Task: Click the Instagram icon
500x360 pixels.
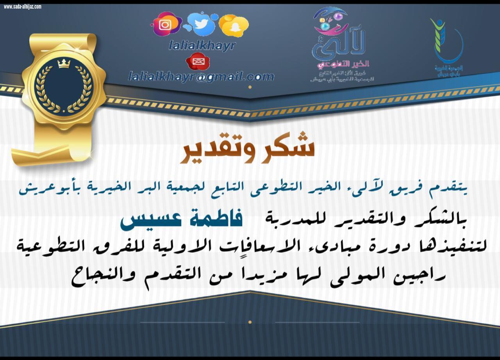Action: [165, 25]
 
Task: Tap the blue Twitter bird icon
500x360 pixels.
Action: [202, 24]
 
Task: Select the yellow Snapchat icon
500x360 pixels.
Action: [234, 25]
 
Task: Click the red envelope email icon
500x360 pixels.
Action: [198, 61]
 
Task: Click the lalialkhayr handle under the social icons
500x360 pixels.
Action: [202, 46]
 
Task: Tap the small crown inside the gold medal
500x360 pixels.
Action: [63, 64]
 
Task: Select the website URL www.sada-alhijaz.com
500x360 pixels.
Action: [23, 7]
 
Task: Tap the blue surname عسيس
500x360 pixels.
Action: [146, 221]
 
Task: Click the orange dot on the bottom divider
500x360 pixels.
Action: [250, 322]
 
